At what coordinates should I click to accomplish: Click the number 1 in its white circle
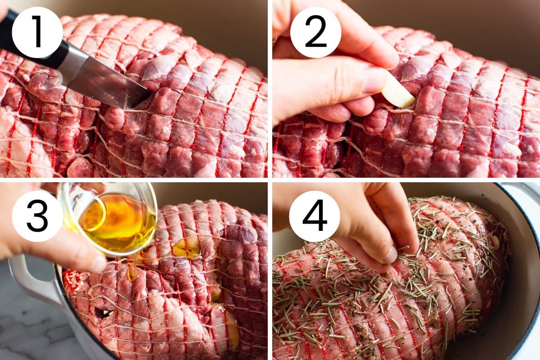[x=37, y=31]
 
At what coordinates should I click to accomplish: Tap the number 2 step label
[x=315, y=31]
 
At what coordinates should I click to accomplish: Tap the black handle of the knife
[x=31, y=36]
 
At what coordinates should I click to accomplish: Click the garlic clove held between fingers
[x=398, y=92]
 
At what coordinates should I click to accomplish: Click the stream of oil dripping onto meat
[x=133, y=268]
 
